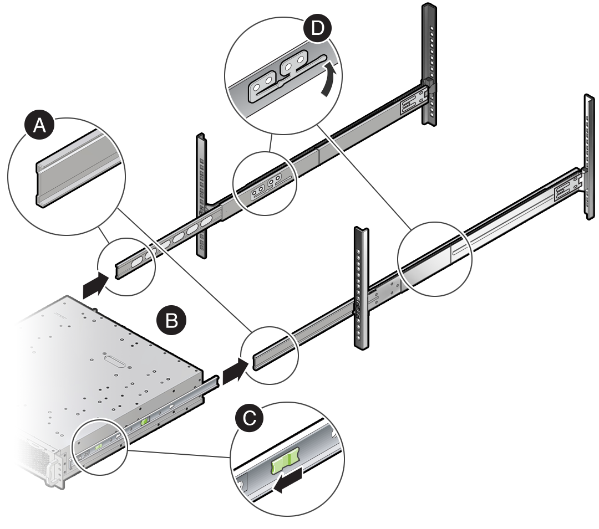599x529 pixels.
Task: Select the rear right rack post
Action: [589, 155]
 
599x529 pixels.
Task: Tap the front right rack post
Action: [361, 288]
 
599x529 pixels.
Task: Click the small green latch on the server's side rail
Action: [145, 422]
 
